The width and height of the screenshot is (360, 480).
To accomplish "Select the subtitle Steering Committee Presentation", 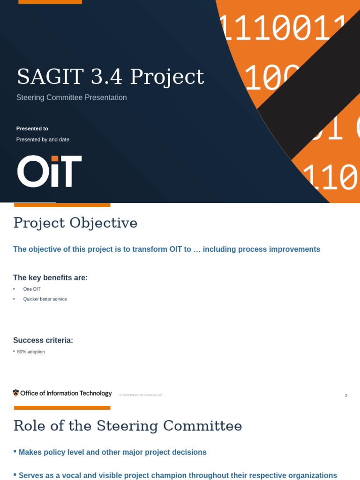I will point(71,97).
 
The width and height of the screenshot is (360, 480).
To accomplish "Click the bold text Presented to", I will point(32,128).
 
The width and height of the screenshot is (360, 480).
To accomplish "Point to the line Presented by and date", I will point(43,140).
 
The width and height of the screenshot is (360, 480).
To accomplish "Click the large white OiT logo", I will point(49,172).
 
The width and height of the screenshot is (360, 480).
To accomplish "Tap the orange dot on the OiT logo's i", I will point(55,158).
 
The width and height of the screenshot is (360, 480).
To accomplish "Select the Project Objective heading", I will point(75,223).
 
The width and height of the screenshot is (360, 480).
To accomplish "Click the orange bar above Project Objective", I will point(62,205).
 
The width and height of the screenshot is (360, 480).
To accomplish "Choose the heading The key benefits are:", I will point(50,278).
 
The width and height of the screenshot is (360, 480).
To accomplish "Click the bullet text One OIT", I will point(32,289).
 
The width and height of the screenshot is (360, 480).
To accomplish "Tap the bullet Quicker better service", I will point(45,299).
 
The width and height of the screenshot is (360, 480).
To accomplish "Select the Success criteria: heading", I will point(43,340).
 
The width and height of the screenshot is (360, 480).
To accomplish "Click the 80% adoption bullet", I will point(31,352).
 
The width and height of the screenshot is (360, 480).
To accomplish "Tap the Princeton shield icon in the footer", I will point(16,393).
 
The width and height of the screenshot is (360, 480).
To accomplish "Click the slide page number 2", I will point(346,396).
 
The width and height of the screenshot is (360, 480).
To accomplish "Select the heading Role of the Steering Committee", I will point(127,426).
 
